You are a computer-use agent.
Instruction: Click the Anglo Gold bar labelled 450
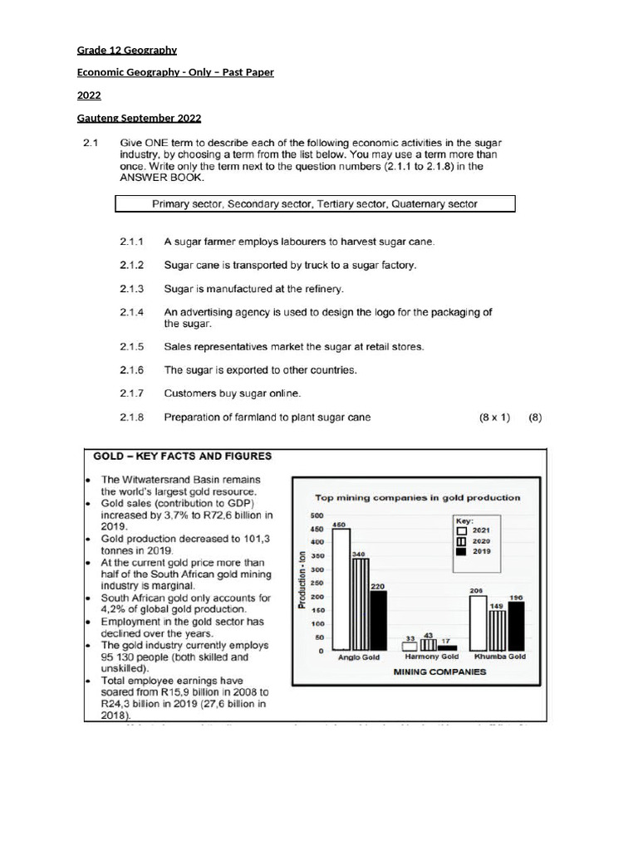[340, 589]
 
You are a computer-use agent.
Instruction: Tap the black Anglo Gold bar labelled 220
[378, 619]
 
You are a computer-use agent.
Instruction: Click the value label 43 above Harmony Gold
[429, 635]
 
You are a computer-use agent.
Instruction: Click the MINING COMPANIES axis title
[439, 672]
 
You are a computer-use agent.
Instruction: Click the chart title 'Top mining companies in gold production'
[417, 498]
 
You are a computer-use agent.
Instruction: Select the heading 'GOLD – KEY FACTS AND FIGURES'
[182, 456]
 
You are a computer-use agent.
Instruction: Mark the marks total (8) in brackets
[535, 418]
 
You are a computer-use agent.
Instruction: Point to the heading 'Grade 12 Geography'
[127, 51]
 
